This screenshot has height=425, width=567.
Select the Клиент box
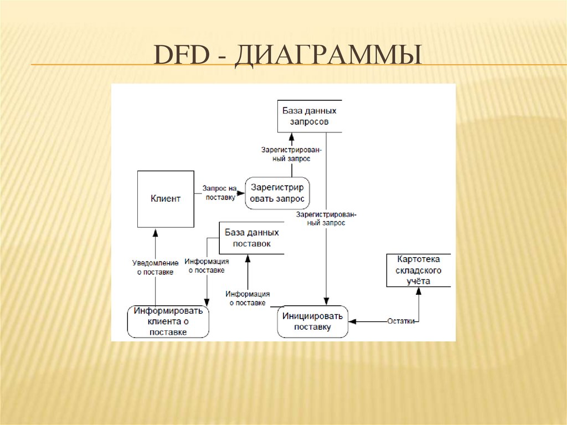click(166, 199)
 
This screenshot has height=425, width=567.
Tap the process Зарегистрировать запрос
click(277, 193)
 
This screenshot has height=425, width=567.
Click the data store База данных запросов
click(309, 116)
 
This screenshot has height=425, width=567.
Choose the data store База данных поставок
click(251, 238)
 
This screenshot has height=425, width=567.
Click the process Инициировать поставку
click(313, 321)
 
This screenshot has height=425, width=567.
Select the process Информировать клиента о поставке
click(168, 321)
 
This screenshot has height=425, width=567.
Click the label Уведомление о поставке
click(156, 267)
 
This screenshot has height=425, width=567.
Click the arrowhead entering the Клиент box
click(155, 232)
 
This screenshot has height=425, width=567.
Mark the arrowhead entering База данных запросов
click(291, 137)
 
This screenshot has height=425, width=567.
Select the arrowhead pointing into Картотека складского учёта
click(419, 291)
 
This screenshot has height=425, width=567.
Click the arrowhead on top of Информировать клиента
click(207, 301)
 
